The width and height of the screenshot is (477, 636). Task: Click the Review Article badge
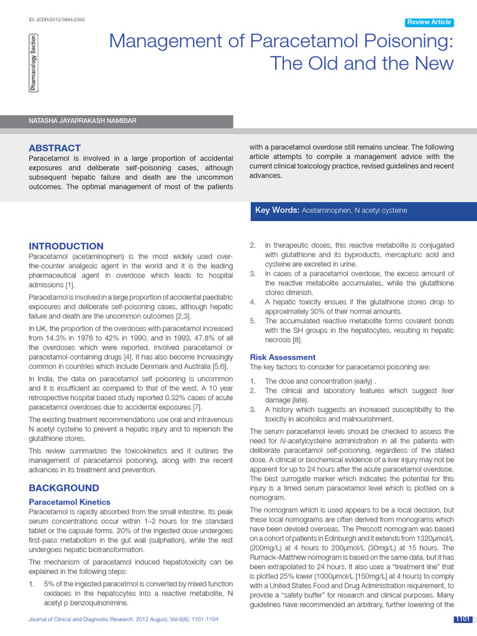coord(429,22)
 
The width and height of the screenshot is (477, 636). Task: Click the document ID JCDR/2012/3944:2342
coord(57,20)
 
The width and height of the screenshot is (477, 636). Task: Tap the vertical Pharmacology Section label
coord(33,64)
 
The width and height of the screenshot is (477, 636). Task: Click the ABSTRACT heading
coord(55,148)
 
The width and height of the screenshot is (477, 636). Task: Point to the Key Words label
coord(277,211)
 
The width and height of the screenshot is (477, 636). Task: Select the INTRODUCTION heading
coord(66,246)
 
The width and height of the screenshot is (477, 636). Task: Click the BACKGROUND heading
coord(64,488)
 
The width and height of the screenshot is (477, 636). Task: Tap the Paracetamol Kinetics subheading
coord(70,502)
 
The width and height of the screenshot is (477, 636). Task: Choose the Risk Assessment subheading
coord(283,357)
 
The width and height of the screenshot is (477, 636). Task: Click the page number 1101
coord(463,619)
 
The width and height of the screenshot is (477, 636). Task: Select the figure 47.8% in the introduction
coord(181,337)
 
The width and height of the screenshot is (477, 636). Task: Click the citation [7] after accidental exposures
coord(197,407)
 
